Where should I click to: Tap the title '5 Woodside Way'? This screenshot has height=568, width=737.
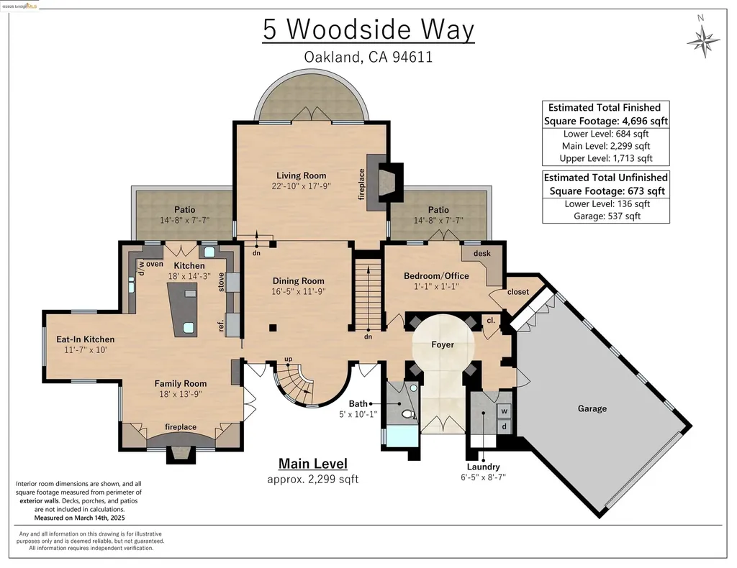coord(368,30)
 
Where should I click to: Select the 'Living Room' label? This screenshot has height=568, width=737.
coord(301,175)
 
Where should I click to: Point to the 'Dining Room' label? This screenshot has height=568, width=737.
coord(298,281)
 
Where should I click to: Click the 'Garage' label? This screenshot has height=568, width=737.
coord(592,408)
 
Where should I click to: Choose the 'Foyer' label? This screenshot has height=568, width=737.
coord(443,344)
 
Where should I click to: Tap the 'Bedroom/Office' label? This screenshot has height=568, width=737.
coord(435,276)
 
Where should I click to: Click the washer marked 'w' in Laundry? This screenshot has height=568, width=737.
coord(504,411)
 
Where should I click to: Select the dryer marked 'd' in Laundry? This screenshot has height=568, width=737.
coord(504,426)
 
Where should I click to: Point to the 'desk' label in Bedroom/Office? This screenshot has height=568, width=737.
coord(481,253)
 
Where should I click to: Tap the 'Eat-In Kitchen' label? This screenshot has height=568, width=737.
coord(86,339)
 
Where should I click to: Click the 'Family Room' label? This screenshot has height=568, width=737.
coord(180,384)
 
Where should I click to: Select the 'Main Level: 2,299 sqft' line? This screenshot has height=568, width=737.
coord(605,146)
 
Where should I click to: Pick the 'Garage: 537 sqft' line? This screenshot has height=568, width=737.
coord(605,216)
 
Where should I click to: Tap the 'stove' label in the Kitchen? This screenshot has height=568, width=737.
coord(222,282)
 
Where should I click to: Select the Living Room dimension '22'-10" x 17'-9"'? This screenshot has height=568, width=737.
coord(301,187)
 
